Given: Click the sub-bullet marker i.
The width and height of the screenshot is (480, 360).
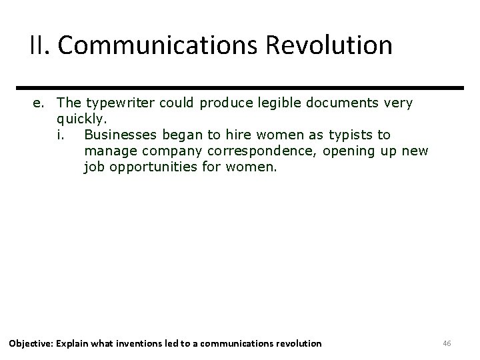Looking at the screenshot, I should coord(61,135).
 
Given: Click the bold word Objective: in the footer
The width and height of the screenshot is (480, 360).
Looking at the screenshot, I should coord(31,343).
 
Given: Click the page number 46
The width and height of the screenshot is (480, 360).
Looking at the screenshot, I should coord(447,343).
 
